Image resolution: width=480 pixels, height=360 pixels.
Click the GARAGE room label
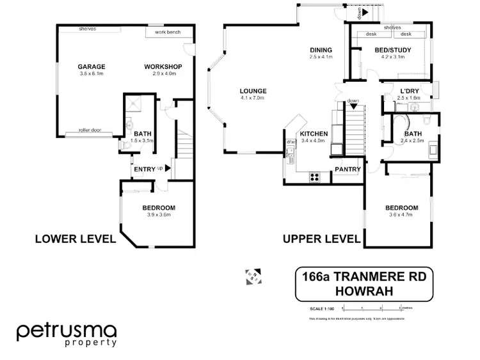[x=92, y=67]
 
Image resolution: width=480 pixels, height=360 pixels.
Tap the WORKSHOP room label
[x=163, y=67]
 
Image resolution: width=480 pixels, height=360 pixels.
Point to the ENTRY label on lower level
[x=144, y=169]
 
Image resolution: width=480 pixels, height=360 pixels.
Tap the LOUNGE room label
[x=253, y=91]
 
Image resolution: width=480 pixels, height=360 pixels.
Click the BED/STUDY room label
[x=393, y=50]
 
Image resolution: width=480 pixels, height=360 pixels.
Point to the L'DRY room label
[x=410, y=91]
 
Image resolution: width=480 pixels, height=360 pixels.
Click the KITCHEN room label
[x=314, y=134]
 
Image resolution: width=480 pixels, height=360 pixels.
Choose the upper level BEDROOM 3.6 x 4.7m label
[x=401, y=208]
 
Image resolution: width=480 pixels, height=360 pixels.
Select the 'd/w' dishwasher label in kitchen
[x=290, y=141]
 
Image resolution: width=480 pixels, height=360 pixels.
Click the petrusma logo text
[x=66, y=331]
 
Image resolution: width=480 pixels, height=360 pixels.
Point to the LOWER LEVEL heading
[x=75, y=239]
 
